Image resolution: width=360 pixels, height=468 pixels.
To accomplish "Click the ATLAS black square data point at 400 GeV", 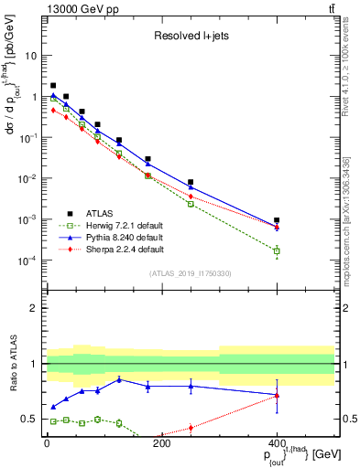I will click(x=277, y=220).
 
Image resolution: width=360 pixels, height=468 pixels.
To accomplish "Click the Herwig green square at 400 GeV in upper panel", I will click(x=277, y=250).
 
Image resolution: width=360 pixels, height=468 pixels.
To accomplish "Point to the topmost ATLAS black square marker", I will click(x=53, y=85).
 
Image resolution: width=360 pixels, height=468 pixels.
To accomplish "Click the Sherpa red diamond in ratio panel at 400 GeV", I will click(x=277, y=397).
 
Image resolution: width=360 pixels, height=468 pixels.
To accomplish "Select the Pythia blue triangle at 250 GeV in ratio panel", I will click(x=191, y=386).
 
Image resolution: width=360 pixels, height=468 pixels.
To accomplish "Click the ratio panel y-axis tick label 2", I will click(x=38, y=308).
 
